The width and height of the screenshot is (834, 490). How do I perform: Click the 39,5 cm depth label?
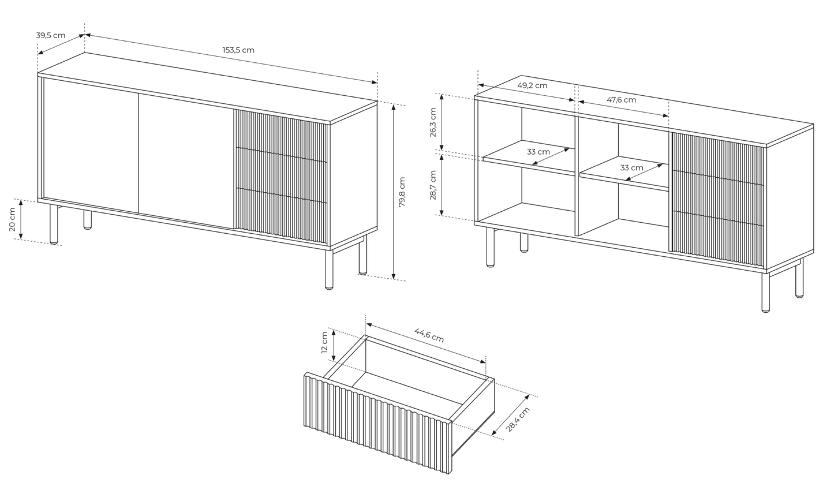(x=51, y=35)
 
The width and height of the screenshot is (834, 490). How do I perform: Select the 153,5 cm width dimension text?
(x=238, y=50)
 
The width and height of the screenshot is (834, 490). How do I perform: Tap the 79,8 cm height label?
(x=402, y=192)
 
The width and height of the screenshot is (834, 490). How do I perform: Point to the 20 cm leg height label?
(x=12, y=219)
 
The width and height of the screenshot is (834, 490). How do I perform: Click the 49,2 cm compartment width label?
(x=532, y=85)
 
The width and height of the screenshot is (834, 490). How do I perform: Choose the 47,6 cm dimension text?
(x=621, y=100)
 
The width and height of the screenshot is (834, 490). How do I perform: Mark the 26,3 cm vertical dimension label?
(x=433, y=122)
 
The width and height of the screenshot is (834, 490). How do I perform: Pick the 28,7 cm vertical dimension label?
(x=433, y=185)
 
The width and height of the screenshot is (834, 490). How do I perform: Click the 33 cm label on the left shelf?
(x=538, y=152)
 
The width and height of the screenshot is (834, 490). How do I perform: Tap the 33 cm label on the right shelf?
(x=631, y=167)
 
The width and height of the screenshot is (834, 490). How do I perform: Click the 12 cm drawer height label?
(x=324, y=343)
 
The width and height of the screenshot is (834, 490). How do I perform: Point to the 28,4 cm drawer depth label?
(x=518, y=420)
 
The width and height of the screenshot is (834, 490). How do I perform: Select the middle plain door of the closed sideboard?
(x=186, y=160)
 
